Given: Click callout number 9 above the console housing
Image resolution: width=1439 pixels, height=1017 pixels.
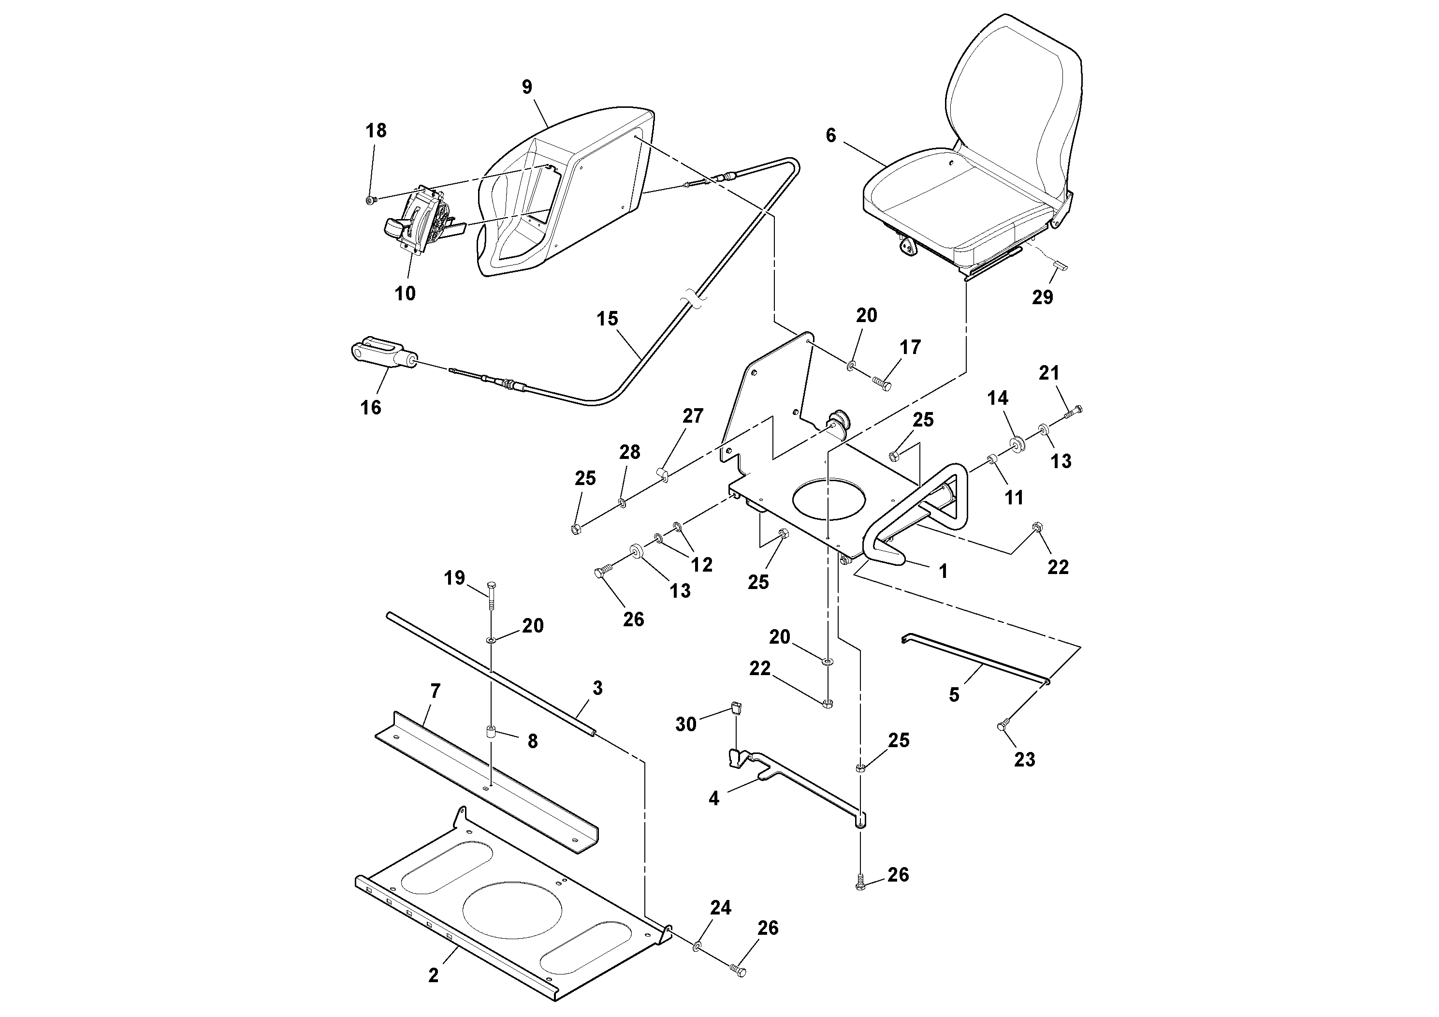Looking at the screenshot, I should click(x=526, y=87).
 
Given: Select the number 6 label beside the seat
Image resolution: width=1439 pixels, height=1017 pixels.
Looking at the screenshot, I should click(x=831, y=135).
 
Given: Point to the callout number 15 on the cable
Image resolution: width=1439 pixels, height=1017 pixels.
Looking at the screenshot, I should click(x=607, y=319).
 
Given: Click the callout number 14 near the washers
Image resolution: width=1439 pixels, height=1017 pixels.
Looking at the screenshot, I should click(x=998, y=398).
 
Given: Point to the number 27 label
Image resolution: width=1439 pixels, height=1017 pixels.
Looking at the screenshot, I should click(x=693, y=416).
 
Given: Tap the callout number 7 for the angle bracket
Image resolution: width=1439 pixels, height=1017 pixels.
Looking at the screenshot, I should click(x=435, y=691).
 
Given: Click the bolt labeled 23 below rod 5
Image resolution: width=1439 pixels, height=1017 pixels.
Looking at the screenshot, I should click(x=1002, y=726).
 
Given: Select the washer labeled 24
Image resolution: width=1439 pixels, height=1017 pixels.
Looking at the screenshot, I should click(x=698, y=962).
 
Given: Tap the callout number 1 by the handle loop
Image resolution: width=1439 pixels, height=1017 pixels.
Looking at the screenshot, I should click(x=943, y=571).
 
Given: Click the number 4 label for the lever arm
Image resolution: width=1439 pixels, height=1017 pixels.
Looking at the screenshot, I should click(x=714, y=799).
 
